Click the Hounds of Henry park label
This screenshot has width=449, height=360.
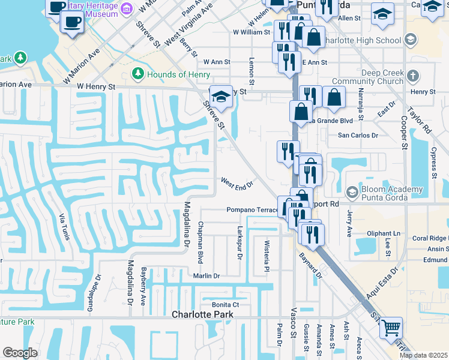[178, 74]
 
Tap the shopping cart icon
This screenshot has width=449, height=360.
[391, 328]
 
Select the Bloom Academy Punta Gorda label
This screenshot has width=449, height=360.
[392, 192]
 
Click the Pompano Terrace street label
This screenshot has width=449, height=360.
[253, 210]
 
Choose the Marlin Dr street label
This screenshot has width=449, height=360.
[206, 275]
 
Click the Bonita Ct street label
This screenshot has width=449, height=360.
[226, 305]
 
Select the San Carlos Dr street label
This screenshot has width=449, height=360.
[358, 136]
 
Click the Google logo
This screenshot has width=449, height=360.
[19, 353]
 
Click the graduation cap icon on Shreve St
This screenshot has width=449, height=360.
[221, 96]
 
